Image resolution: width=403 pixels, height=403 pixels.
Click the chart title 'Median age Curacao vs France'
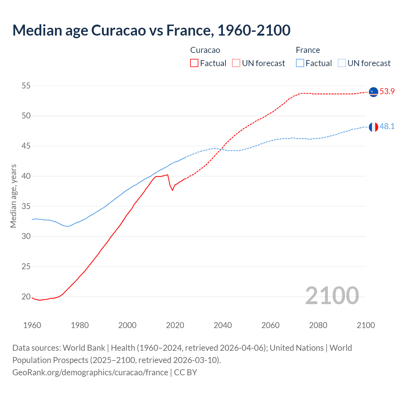(151, 30)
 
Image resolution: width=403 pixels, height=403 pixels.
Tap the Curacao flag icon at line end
(373, 92)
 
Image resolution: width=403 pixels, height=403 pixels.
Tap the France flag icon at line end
(373, 127)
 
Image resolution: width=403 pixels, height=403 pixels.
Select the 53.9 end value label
(387, 92)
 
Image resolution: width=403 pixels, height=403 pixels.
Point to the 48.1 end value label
(387, 127)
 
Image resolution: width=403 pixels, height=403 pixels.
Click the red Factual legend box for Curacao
(194, 63)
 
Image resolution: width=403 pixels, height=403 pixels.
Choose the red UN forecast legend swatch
(236, 63)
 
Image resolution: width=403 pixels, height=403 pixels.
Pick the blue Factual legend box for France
(300, 63)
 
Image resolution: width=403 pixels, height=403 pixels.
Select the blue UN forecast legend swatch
(342, 63)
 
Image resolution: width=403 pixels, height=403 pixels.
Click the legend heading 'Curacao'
(205, 50)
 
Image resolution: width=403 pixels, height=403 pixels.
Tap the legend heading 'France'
(308, 50)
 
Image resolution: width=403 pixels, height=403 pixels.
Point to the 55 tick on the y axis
(26, 86)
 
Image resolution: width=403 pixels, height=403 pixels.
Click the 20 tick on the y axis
(26, 297)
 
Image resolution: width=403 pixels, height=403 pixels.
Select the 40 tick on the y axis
(26, 176)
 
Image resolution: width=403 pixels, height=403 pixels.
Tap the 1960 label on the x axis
(32, 325)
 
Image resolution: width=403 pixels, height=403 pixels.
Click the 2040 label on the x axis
(223, 325)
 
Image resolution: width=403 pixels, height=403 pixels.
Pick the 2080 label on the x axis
(318, 325)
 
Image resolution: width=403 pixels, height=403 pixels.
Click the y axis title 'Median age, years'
(13, 196)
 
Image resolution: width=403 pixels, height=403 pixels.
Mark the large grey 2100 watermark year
(332, 296)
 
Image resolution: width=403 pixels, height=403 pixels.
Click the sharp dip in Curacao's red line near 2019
(172, 190)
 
